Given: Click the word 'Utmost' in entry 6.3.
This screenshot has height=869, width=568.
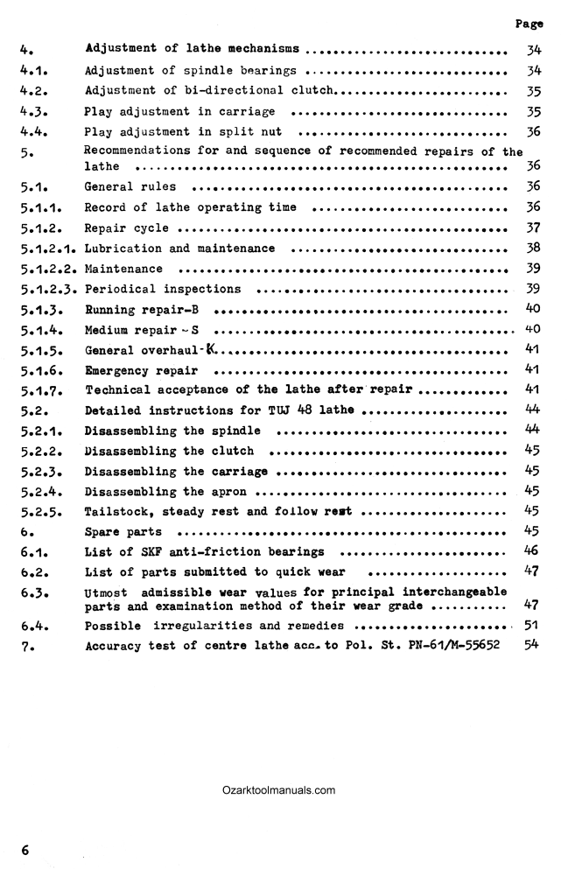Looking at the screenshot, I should (106, 592).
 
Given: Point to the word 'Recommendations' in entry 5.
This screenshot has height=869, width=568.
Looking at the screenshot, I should (136, 151).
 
